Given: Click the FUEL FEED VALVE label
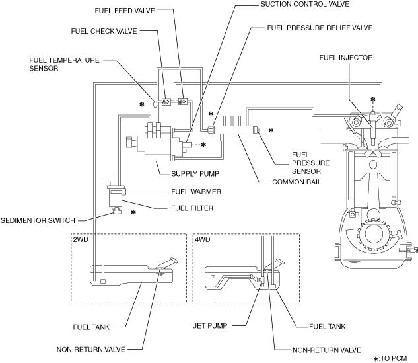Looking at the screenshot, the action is coord(125,11).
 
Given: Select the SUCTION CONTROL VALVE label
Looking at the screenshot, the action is coord(304,4).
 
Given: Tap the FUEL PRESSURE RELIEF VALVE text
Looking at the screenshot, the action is coord(320,28).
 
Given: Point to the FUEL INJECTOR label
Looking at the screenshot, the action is coord(346,58).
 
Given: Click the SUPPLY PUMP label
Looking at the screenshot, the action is coord(195,174).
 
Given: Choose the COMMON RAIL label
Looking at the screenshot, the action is coord(296,182).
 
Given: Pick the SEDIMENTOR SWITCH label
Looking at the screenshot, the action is coord(38,220).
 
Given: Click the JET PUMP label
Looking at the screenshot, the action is coord(211,326).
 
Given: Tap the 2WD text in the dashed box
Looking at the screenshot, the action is coord(81,239).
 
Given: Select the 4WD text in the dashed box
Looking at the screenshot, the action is coord(203,239).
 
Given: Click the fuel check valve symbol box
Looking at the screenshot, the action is coord(166,102).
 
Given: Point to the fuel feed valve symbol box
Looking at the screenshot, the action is coord(183,101).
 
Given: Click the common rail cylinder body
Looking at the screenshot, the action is coord(232,130).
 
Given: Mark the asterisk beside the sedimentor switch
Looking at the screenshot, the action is coord(133,212).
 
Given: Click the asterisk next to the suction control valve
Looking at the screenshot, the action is coord(203,145).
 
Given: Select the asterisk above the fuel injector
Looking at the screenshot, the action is coord(373,100).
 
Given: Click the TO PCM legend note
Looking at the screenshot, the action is coord(390,358).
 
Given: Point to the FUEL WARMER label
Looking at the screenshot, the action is coord(196,192).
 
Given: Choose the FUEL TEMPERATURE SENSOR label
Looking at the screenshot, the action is coord(64,64).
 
